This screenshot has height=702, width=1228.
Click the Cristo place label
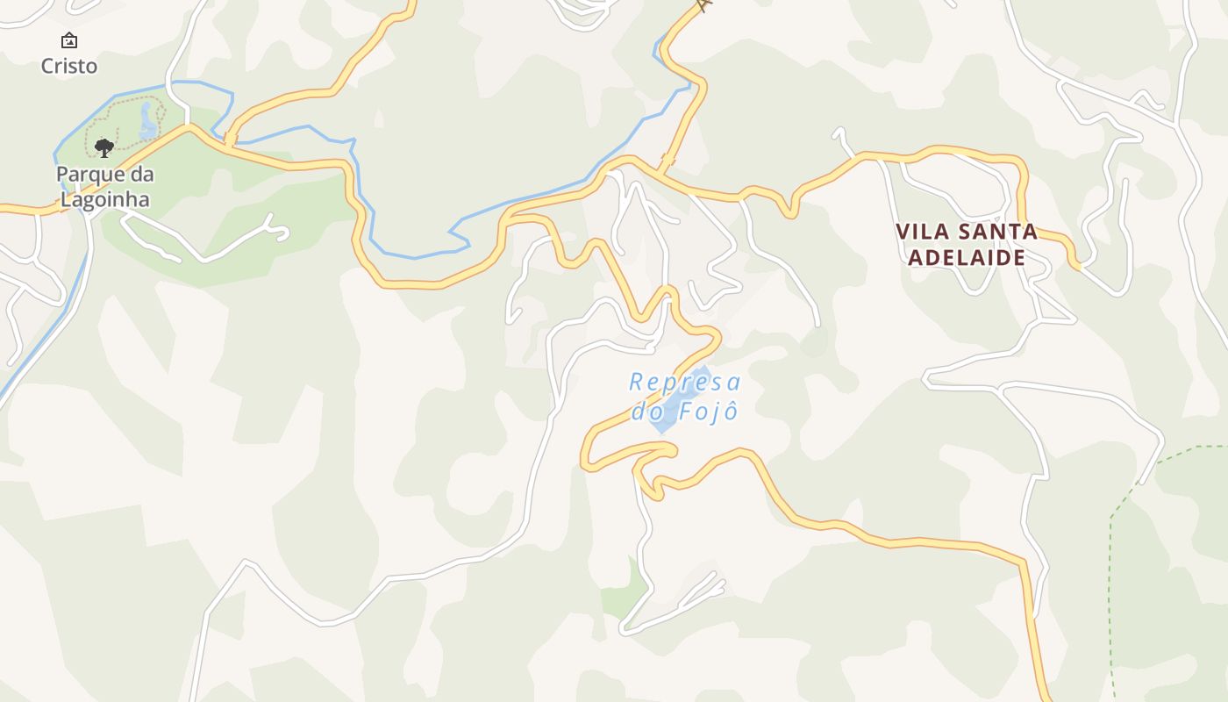click(69, 66)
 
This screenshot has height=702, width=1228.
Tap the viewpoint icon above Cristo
click(69, 40)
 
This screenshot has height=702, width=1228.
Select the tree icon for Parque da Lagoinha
click(104, 147)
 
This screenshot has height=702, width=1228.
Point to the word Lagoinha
click(104, 199)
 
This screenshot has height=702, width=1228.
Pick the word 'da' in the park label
click(142, 174)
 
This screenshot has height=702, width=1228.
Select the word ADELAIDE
click(967, 257)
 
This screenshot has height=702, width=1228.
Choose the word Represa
click(685, 383)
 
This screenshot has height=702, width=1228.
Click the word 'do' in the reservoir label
click(646, 411)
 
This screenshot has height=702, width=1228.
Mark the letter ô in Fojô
click(730, 410)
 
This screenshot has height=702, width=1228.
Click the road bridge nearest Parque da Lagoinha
click(230, 140)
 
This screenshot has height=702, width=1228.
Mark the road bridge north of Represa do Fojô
click(668, 161)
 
